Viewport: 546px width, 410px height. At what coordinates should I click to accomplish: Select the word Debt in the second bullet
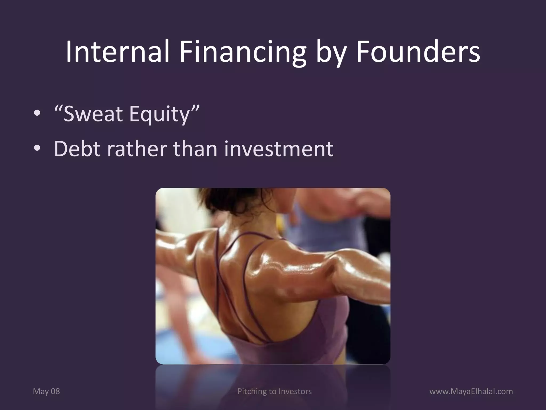click(77, 148)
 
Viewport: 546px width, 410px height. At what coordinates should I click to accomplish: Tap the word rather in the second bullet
click(137, 148)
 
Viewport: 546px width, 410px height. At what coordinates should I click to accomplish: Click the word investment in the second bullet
click(279, 148)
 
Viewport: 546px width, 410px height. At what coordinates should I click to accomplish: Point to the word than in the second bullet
click(195, 148)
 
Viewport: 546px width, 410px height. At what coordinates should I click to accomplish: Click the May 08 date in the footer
click(46, 391)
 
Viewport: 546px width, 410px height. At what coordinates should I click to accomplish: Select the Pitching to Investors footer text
click(274, 391)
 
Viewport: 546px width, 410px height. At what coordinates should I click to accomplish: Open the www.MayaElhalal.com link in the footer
click(471, 391)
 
